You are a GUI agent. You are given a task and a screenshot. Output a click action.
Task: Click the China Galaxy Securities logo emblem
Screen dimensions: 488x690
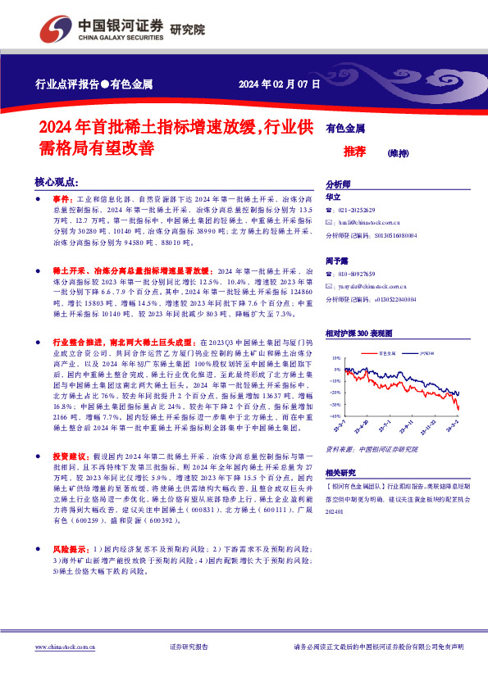click(54, 30)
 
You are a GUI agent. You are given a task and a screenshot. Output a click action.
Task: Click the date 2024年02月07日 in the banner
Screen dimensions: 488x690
click(279, 84)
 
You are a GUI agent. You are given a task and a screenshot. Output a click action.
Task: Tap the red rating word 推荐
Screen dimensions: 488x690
click(354, 152)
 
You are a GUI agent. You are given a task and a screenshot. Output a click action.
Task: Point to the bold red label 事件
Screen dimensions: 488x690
click(62, 199)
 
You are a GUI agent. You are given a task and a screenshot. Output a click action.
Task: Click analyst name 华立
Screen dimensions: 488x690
click(333, 197)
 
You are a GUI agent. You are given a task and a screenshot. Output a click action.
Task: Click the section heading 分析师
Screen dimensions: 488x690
click(338, 184)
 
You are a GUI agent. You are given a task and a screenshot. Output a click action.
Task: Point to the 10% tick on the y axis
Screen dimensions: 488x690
click(335, 359)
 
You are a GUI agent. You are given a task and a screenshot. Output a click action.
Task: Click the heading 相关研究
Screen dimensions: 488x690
click(341, 473)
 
